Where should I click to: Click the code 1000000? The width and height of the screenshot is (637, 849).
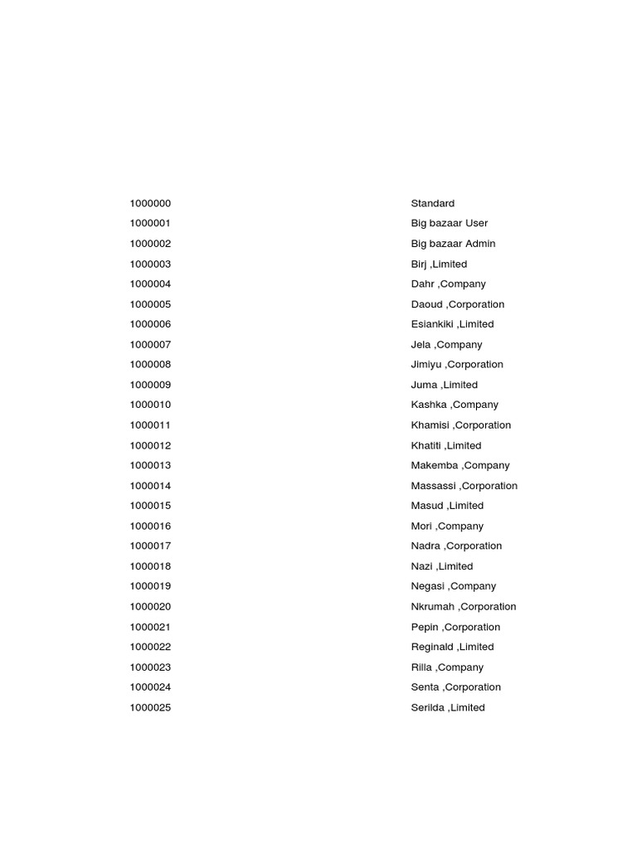tap(150, 203)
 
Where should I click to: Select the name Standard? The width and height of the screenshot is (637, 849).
tap(432, 203)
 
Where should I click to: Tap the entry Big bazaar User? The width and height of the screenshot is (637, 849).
tap(449, 223)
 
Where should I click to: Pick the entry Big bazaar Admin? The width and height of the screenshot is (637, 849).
tap(453, 244)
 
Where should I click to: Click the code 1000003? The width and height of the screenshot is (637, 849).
tap(150, 264)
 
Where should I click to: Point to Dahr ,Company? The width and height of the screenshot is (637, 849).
tap(448, 284)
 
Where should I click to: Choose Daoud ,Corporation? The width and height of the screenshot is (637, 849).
tap(457, 304)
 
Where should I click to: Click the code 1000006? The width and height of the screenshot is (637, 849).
tap(150, 324)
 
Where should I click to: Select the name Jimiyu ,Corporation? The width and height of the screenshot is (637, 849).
tap(457, 365)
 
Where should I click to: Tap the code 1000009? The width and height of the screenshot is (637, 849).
tap(150, 385)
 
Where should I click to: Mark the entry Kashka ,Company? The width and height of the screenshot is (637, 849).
tap(455, 405)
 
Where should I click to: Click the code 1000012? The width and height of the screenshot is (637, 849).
tap(150, 445)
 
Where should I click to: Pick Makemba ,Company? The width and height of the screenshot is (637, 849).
tap(460, 465)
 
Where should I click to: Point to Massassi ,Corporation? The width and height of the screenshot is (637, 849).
tap(464, 486)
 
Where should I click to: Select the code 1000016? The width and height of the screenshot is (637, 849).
tap(150, 526)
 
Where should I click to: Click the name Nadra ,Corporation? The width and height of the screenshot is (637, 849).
tap(456, 546)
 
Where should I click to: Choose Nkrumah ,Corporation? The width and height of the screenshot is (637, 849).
tap(464, 607)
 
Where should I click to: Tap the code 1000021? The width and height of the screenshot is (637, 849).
tap(150, 627)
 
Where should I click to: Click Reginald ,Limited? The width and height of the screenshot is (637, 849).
tap(452, 647)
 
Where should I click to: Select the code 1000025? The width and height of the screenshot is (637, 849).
tap(150, 707)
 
